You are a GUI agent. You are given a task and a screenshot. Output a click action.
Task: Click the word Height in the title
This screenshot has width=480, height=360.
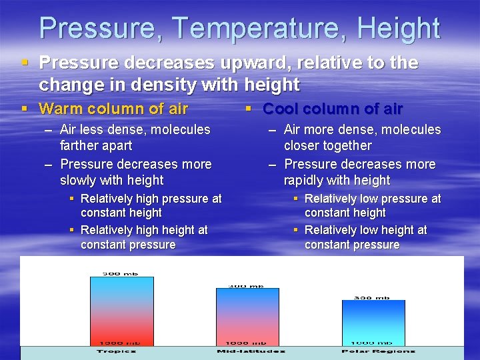tap(398, 29)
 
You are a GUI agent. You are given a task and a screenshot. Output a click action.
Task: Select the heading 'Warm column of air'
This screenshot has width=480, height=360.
tap(113, 109)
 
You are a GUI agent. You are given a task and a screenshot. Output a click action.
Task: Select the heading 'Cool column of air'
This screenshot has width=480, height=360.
tap(333, 109)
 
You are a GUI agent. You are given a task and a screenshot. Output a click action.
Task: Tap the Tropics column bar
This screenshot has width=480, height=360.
tap(122, 310)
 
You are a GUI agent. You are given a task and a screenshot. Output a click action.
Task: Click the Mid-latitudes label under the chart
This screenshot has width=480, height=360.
tap(251, 351)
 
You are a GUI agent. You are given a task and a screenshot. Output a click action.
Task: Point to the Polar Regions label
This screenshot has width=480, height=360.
tap(378, 351)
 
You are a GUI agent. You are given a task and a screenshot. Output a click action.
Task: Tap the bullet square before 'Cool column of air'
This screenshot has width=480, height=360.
tap(249, 108)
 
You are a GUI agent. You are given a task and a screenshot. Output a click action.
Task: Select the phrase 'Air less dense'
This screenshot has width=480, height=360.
tap(101, 129)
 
